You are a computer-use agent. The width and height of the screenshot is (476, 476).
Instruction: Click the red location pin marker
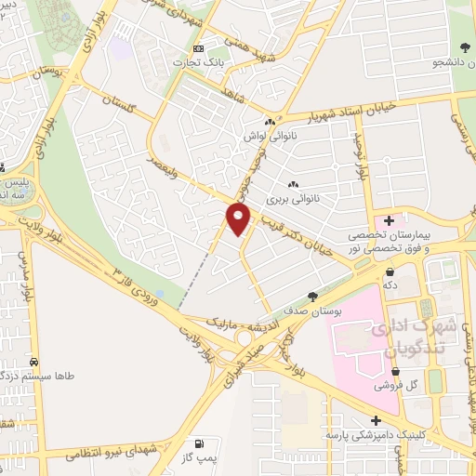click(x=239, y=219)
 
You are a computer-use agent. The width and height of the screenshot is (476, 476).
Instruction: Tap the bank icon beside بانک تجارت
click(x=197, y=48)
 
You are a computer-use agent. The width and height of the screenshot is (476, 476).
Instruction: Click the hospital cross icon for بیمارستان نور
click(x=389, y=219)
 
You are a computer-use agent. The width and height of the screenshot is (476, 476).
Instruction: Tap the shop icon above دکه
click(x=389, y=271)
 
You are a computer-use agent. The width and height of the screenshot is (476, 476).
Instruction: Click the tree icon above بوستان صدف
click(x=312, y=297)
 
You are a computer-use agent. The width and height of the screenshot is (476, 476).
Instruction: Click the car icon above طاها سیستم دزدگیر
click(x=34, y=362)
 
